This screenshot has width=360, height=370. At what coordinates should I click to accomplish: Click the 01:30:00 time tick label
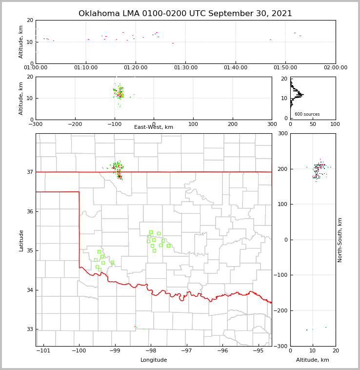[185, 67]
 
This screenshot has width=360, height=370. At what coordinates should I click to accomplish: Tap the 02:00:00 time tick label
[335, 67]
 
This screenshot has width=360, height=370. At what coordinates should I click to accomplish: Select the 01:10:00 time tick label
[86, 67]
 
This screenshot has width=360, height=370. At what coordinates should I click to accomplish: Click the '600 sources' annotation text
[307, 114]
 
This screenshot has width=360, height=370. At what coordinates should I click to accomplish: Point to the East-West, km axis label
[154, 127]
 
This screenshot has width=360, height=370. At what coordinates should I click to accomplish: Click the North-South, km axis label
[340, 240]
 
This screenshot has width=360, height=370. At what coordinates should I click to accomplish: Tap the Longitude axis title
[154, 360]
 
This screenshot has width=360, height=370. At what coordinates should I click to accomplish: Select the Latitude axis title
[21, 240]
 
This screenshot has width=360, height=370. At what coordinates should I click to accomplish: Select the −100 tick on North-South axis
[280, 275]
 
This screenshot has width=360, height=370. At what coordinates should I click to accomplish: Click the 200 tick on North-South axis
[281, 169]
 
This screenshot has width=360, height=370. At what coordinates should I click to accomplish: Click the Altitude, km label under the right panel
[313, 360]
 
